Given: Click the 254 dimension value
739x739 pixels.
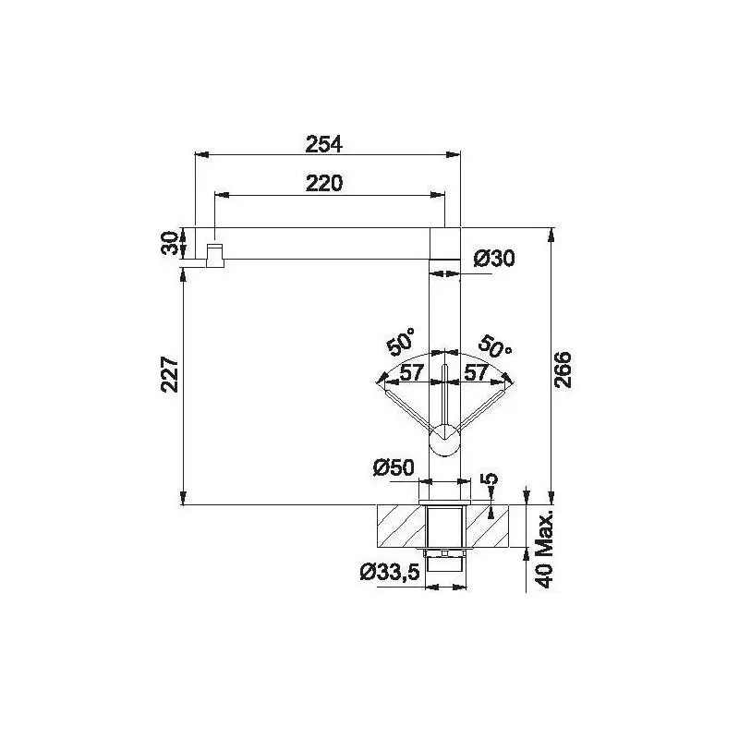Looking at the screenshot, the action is pyautogui.click(x=324, y=144).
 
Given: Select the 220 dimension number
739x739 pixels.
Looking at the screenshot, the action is pyautogui.click(x=324, y=183).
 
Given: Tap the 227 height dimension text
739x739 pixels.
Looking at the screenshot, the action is pyautogui.click(x=170, y=375).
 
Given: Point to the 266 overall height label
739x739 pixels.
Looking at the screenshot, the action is pyautogui.click(x=563, y=369).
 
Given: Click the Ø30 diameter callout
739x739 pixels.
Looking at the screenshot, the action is pyautogui.click(x=494, y=259).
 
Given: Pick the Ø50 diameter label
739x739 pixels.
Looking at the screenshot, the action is pyautogui.click(x=394, y=467).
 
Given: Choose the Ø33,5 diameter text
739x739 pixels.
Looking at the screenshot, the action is pyautogui.click(x=390, y=572).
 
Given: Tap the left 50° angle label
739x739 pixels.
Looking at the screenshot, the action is pyautogui.click(x=402, y=340).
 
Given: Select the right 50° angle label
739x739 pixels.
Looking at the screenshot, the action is pyautogui.click(x=494, y=346).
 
